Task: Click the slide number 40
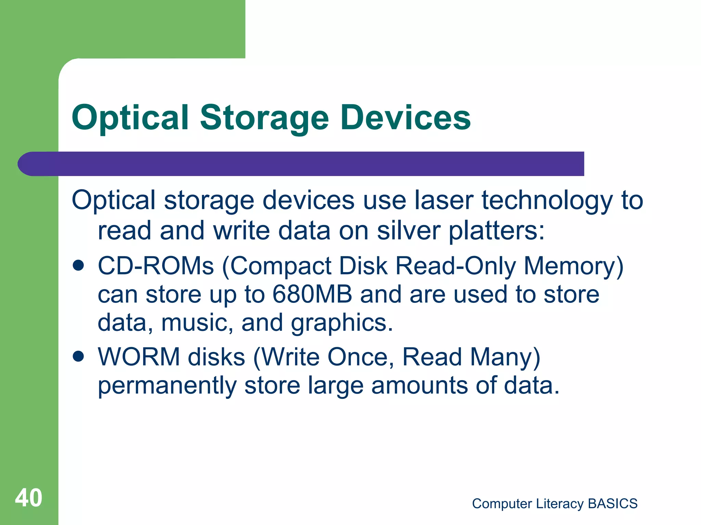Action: point(28,498)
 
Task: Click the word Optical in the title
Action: point(130,118)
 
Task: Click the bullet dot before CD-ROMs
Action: point(78,266)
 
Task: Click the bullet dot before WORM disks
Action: point(78,356)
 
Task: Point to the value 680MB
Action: point(312,294)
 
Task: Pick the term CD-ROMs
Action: point(156,266)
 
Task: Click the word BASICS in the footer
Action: point(613,504)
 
